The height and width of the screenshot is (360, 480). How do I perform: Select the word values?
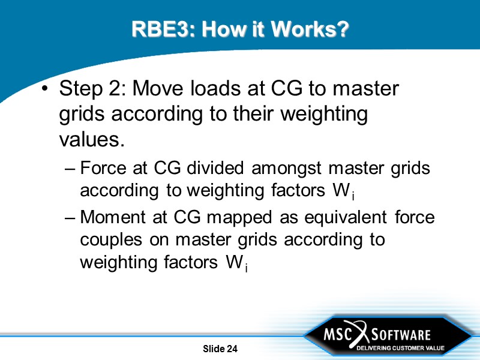[92, 139]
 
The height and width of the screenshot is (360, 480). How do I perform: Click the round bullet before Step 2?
[44, 90]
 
